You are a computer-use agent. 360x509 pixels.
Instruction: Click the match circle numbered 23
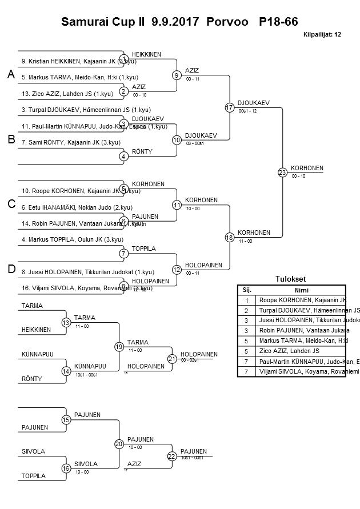click(282, 172)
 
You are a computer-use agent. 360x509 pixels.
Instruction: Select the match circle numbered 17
click(230, 107)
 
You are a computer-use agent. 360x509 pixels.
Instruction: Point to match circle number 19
click(119, 346)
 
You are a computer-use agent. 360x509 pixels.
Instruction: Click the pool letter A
click(10, 75)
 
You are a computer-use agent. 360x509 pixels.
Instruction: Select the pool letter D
click(10, 270)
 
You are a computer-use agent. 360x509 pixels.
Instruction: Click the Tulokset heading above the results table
click(291, 279)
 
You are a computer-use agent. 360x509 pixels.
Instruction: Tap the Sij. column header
click(247, 290)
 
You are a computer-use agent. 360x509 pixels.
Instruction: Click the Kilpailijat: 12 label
click(322, 34)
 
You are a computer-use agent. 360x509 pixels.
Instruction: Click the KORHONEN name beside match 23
click(307, 169)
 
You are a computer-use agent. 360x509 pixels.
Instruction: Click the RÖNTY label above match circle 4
click(142, 151)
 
